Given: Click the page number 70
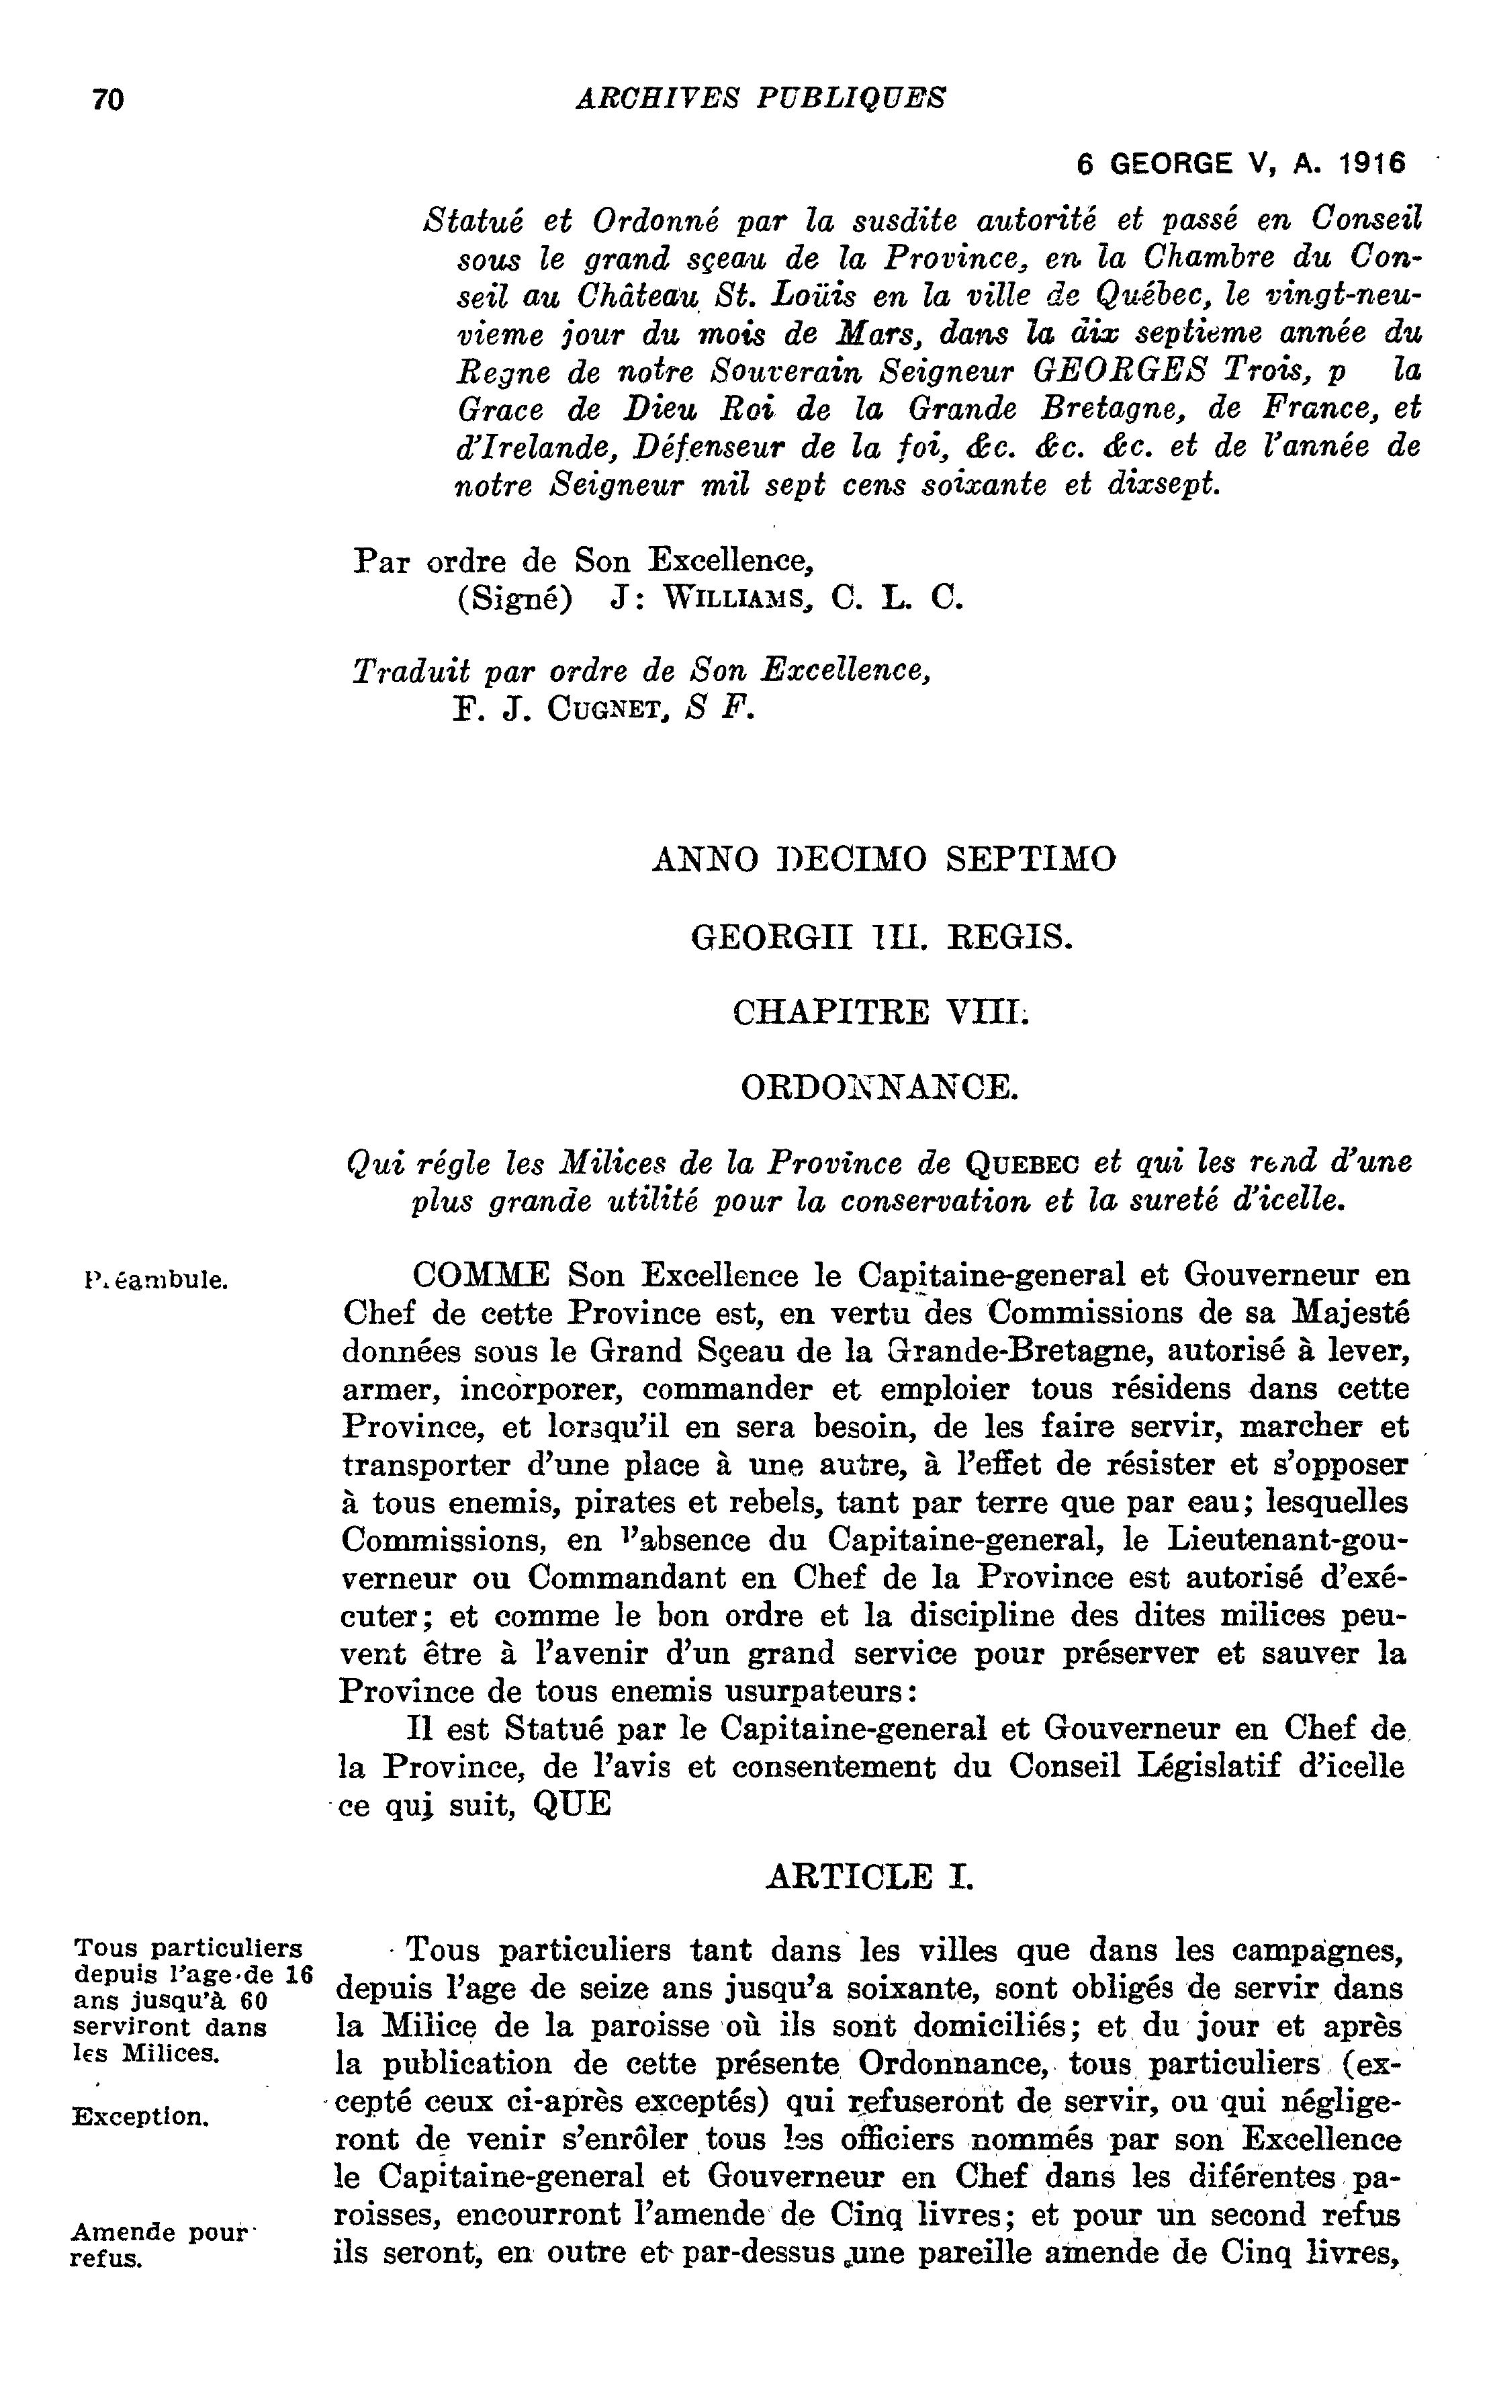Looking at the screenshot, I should (x=107, y=99).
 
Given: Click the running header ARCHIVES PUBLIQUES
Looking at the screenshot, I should (x=760, y=98).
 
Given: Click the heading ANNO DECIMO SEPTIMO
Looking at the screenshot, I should (x=884, y=858).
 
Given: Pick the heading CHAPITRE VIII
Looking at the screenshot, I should (x=880, y=1012).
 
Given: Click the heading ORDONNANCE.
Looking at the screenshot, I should (x=879, y=1088).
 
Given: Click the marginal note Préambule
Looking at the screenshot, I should (x=157, y=1282).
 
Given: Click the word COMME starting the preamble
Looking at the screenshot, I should (x=480, y=1275).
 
